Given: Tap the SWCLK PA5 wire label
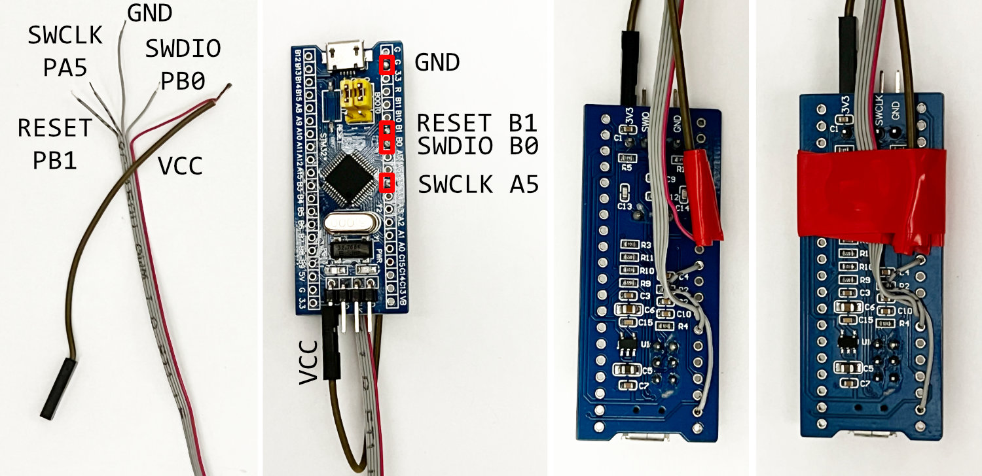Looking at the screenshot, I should click(65, 50).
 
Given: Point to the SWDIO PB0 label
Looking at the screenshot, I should click(183, 64).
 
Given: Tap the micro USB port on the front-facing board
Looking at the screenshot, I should click(348, 56).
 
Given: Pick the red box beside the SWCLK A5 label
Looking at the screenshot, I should click(387, 182).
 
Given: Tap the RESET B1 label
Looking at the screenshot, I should click(477, 122).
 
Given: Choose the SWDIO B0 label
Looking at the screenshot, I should click(477, 146).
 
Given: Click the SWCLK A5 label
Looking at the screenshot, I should click(478, 185).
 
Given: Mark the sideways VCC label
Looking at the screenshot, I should click(308, 361).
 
